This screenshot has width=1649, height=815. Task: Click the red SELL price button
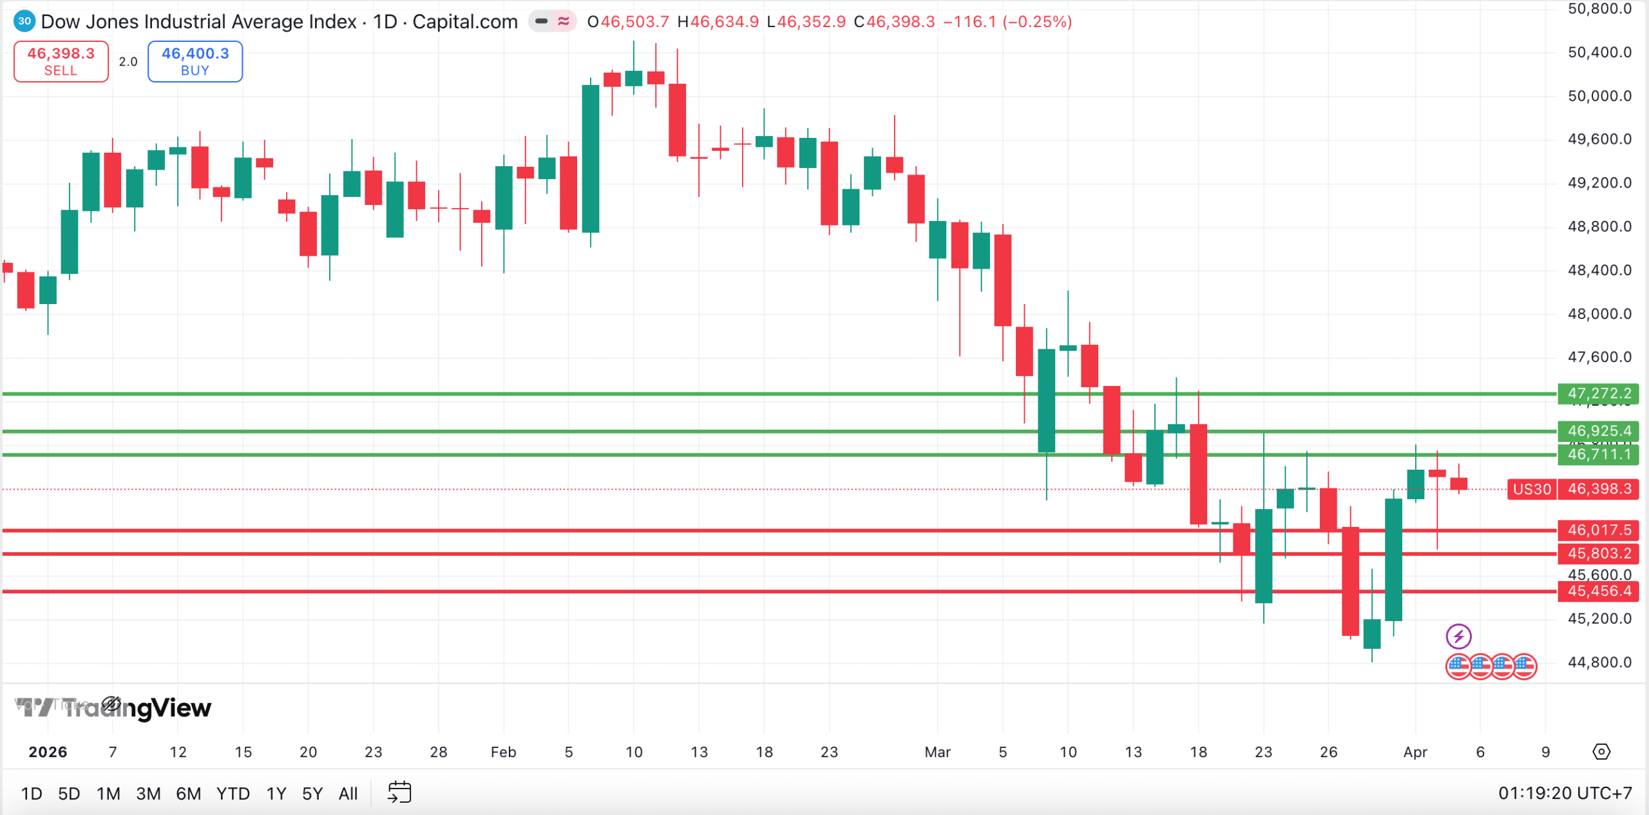[x=61, y=61]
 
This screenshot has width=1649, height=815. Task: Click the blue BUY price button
[x=195, y=61]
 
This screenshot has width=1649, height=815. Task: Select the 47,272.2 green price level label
[x=1598, y=393]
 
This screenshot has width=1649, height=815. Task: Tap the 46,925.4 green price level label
[x=1598, y=430]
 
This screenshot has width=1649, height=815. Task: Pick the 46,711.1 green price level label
[x=1598, y=454]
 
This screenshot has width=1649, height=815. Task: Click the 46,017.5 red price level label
[x=1598, y=530]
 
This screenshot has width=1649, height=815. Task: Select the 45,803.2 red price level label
[x=1598, y=553]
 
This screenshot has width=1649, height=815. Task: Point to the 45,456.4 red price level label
[x=1598, y=591]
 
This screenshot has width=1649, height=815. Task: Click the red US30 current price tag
[x=1532, y=489]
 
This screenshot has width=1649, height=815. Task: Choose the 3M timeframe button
[x=148, y=793]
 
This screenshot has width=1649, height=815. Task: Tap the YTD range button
[x=233, y=793]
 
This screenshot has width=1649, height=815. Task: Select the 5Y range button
[x=312, y=793]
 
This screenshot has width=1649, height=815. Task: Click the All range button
[x=348, y=793]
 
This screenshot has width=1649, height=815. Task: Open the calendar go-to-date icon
[x=399, y=792]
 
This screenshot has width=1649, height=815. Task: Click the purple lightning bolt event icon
[x=1458, y=637]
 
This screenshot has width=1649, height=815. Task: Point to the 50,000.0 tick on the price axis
[x=1599, y=96]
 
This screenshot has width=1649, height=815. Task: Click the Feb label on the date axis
[x=503, y=752]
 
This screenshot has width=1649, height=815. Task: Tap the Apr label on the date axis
[x=1415, y=752]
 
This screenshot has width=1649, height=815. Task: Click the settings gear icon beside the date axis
[x=1601, y=751]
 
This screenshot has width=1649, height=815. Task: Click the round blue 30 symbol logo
[x=24, y=21]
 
